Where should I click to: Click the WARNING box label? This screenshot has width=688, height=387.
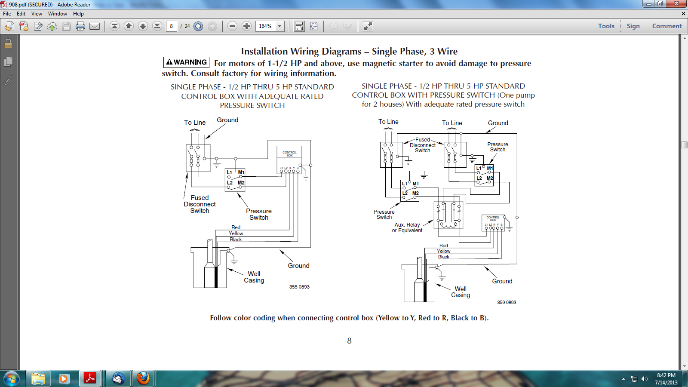[x=186, y=62]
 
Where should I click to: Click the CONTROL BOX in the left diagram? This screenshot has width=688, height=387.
[x=289, y=154]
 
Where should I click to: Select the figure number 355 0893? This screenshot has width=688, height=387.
[x=299, y=287]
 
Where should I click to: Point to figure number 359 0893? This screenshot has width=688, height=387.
[x=507, y=302]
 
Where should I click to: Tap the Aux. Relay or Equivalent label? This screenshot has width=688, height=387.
[x=407, y=227]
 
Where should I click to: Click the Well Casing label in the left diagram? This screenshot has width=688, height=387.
[x=254, y=277]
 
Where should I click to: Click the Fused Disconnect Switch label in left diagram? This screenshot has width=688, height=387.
[x=200, y=204]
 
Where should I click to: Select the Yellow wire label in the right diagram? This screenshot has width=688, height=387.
[x=444, y=251]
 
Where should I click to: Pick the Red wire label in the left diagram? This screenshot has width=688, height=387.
[x=236, y=227]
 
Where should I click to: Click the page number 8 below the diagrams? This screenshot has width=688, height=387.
[x=349, y=341]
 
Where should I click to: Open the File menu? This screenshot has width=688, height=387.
[x=7, y=14]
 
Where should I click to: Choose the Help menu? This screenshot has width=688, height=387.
[x=78, y=14]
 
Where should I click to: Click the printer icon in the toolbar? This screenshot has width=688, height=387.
[x=80, y=26]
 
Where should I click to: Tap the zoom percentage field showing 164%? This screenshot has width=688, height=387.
[x=265, y=26]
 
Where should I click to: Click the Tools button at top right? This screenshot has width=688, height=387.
[x=606, y=26]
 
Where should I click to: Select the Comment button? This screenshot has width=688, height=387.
[x=667, y=26]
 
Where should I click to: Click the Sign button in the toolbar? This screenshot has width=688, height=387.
[x=633, y=26]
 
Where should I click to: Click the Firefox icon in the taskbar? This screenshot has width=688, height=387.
[x=143, y=378]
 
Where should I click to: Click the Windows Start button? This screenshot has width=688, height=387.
[x=11, y=378]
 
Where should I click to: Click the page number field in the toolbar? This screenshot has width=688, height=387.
[x=172, y=26]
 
